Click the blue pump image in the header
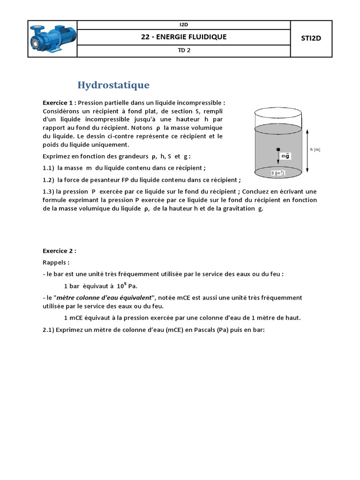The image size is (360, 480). click(x=52, y=38)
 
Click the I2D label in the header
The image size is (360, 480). click(x=184, y=24)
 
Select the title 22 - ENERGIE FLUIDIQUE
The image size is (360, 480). click(x=184, y=37)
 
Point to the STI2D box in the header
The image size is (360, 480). click(x=311, y=38)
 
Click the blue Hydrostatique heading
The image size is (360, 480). click(x=113, y=85)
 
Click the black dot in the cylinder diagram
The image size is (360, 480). click(x=278, y=150)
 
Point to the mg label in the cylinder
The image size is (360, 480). click(x=285, y=155)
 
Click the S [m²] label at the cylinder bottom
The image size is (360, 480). click(x=278, y=173)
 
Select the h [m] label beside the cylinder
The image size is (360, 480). click(x=315, y=150)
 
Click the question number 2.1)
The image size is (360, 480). click(x=48, y=330)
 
